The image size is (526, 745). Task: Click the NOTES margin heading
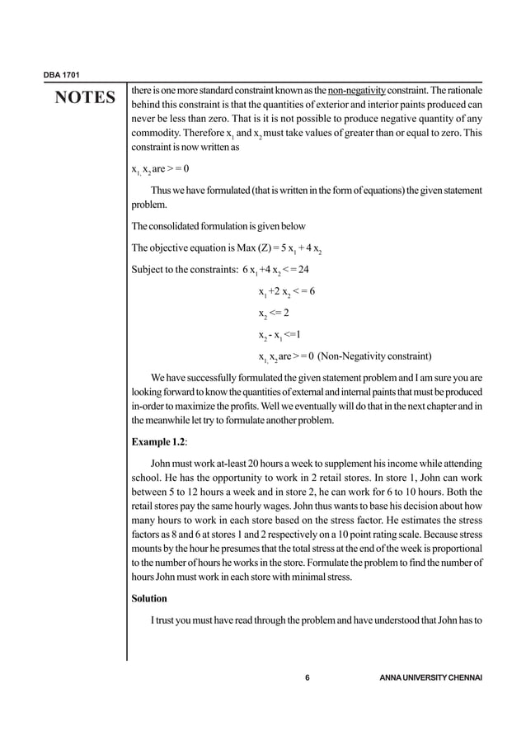[85, 99]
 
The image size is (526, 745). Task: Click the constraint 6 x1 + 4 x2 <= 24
[275, 269]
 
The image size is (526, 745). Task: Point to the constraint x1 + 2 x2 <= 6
[287, 291]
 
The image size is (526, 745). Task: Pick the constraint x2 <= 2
[273, 314]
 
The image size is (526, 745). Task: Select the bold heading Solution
[149, 598]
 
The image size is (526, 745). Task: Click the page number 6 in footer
[307, 678]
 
